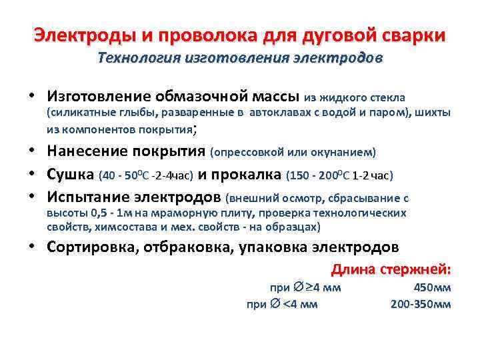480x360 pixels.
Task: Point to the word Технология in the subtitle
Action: pyautogui.click(x=135, y=58)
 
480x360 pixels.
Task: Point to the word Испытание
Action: pyautogui.click(x=89, y=197)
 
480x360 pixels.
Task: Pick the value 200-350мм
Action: pyautogui.click(x=421, y=305)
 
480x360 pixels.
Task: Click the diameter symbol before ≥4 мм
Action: pyautogui.click(x=297, y=288)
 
